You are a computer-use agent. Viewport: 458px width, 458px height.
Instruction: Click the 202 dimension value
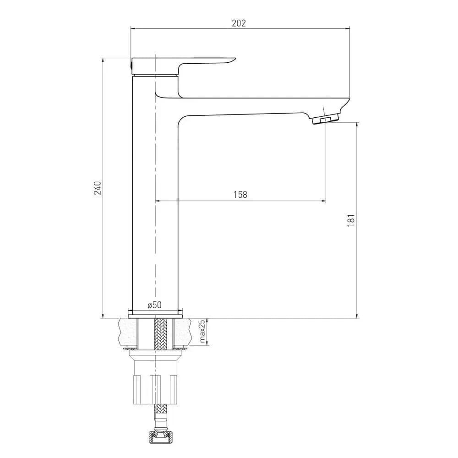coord(239,23)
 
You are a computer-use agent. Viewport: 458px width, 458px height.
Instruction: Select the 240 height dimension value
coord(97,188)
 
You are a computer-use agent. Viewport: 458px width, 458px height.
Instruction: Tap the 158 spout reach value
coord(240,195)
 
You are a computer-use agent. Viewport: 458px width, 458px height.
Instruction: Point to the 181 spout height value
coord(351,221)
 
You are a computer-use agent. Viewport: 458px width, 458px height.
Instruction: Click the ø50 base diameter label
coord(154,305)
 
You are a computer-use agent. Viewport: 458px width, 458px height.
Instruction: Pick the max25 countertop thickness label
coord(202,331)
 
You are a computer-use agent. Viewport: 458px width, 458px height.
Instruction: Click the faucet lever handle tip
coord(233,60)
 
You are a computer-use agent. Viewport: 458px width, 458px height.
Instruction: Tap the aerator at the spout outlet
coord(326,119)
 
